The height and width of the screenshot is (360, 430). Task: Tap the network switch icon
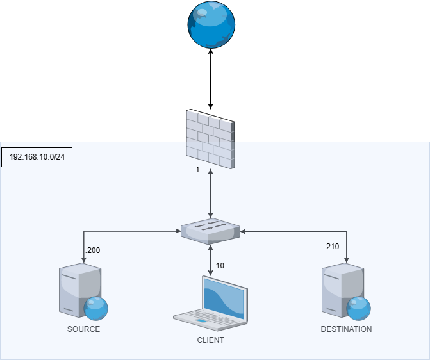(x=210, y=231)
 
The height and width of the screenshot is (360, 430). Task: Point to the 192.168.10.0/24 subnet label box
(x=37, y=157)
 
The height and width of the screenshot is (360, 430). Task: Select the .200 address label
(x=92, y=250)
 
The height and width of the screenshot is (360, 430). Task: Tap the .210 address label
(x=331, y=246)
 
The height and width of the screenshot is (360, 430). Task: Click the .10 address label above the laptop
(x=219, y=265)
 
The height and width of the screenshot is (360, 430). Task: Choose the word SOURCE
(x=83, y=329)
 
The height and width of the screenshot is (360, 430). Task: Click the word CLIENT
(x=210, y=340)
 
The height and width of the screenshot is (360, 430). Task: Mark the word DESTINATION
(x=346, y=329)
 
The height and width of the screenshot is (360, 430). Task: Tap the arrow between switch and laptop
(x=211, y=259)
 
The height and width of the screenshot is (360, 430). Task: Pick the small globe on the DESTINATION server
(x=358, y=307)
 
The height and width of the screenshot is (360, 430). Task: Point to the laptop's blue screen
(x=224, y=298)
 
